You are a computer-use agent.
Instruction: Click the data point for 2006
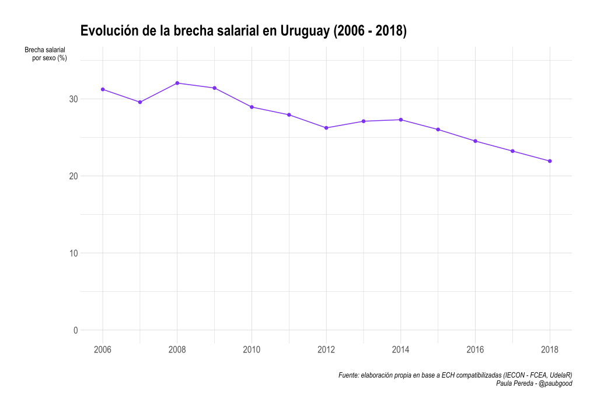(x=103, y=89)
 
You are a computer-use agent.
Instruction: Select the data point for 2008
(x=177, y=83)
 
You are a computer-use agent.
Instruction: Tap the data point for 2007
(x=140, y=102)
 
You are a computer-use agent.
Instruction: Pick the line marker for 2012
(x=326, y=128)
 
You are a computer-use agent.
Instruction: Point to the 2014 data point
(x=401, y=120)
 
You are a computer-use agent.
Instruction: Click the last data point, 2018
(x=550, y=161)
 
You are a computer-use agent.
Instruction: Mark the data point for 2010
(x=252, y=107)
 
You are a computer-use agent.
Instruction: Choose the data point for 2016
(x=475, y=141)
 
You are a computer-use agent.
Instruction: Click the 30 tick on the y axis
(x=74, y=99)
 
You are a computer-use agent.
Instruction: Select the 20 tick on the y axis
(x=74, y=176)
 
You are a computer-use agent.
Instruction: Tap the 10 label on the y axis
(x=74, y=253)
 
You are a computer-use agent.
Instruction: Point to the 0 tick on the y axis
(x=76, y=330)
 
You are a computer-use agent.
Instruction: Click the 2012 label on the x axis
(x=326, y=350)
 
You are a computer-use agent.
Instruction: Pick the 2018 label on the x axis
(x=550, y=350)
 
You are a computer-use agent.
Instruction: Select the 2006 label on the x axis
(x=103, y=350)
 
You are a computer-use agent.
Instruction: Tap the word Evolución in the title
(x=110, y=30)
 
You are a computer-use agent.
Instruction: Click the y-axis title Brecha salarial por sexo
(x=46, y=54)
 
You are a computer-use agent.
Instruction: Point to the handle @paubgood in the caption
(x=556, y=383)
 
